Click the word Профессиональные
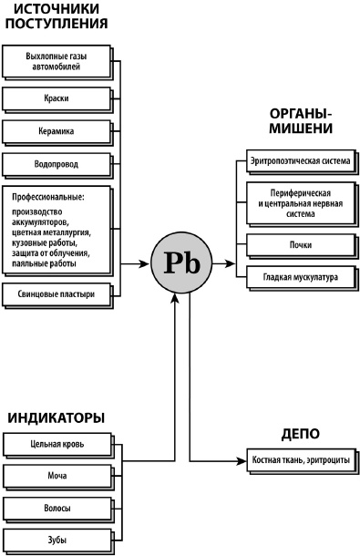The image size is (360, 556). click(x=48, y=196)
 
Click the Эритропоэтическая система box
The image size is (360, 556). click(x=299, y=161)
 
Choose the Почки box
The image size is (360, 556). click(x=299, y=244)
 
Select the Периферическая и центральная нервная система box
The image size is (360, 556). click(x=299, y=203)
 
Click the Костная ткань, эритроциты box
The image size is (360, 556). click(x=301, y=461)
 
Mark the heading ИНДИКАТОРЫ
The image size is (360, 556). click(x=57, y=418)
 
